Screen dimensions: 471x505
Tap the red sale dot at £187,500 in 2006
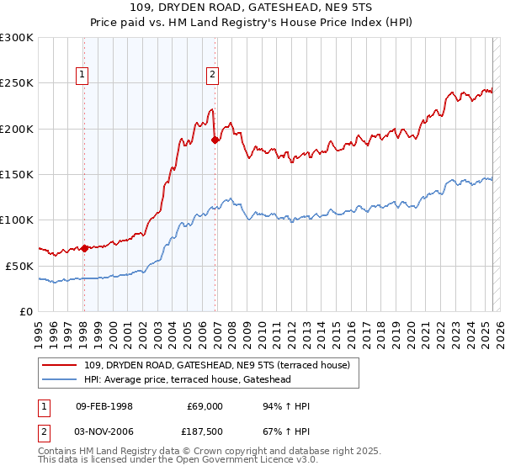(215, 140)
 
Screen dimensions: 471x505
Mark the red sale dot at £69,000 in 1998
(84, 248)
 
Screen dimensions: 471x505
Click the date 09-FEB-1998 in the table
(104, 406)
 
